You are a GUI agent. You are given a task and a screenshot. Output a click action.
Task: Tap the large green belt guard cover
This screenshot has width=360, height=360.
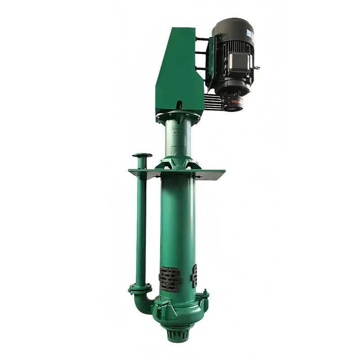(178, 72)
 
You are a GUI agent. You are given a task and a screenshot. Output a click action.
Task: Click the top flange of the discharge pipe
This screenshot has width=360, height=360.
(142, 156)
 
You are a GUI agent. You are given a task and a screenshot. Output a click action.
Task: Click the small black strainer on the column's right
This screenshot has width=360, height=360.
(194, 276)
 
